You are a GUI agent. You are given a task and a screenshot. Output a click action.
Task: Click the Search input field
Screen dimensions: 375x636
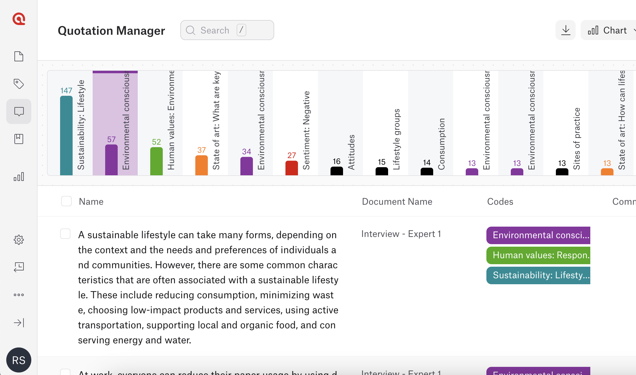[x=227, y=30]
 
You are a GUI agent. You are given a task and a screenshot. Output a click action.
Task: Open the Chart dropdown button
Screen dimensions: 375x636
[x=609, y=30]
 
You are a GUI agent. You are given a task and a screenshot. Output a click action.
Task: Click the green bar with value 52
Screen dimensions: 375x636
[x=156, y=161]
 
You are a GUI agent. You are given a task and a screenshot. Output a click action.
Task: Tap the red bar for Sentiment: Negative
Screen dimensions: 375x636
[x=292, y=168]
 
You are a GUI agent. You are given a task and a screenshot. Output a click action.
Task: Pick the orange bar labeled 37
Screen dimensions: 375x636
[x=202, y=165]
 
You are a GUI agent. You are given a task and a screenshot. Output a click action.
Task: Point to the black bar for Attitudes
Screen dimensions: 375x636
[x=337, y=171]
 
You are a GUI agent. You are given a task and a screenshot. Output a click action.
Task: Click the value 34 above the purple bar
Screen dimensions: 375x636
[x=247, y=152]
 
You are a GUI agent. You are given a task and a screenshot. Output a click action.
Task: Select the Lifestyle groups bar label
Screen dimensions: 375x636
[x=397, y=139]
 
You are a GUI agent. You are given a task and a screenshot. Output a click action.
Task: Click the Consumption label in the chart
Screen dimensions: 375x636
[x=442, y=144]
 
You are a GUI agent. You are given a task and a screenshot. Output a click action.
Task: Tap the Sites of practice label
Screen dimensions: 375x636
[x=577, y=139]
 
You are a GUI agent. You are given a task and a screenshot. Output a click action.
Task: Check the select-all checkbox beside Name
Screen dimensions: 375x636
[x=66, y=201]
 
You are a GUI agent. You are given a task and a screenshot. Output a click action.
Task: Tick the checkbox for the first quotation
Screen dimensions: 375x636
[x=65, y=234]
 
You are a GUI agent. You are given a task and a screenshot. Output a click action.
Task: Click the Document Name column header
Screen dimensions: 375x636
[x=397, y=202]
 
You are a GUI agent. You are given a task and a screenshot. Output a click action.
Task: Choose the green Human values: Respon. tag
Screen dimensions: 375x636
[x=538, y=255]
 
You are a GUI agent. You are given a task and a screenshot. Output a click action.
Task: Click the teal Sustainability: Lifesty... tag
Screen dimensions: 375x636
[x=538, y=275]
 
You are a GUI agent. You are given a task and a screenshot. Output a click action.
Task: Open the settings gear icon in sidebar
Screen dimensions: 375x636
[x=19, y=240]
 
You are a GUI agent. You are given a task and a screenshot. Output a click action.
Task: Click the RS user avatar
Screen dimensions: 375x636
[x=19, y=360]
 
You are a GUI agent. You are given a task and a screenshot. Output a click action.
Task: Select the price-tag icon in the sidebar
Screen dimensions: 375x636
[x=19, y=84]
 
